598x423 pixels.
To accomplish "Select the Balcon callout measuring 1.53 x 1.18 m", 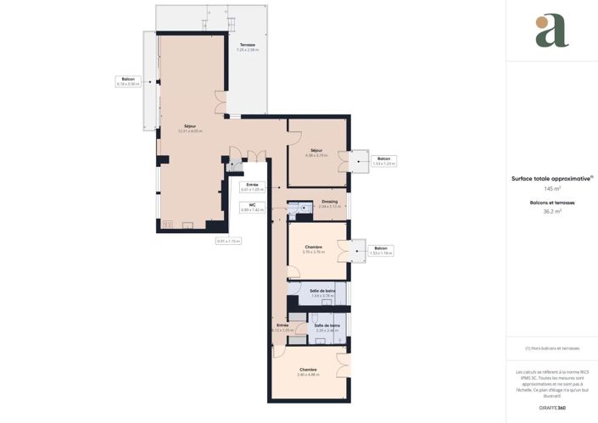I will (383, 250).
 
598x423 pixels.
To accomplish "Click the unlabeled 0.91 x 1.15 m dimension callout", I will (228, 241).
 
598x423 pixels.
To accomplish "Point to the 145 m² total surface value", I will (551, 188).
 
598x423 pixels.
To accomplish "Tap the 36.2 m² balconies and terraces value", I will (551, 211).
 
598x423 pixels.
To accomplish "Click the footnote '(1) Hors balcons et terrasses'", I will (551, 348).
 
